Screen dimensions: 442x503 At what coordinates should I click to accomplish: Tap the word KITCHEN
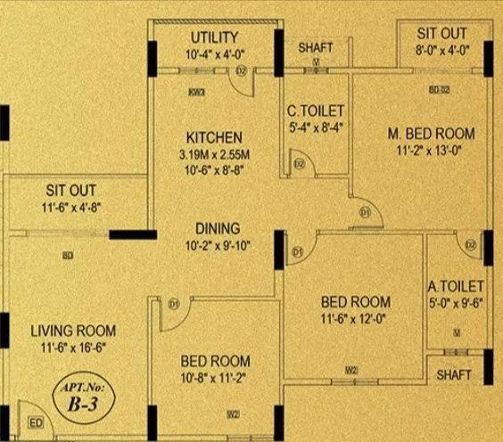point(214,138)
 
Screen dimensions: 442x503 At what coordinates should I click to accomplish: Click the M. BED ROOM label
point(432,134)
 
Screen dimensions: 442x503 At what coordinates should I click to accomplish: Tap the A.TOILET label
point(456,287)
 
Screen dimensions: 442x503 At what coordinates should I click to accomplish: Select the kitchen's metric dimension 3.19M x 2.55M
point(214,154)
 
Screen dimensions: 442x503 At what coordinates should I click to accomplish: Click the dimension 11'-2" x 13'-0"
point(432,151)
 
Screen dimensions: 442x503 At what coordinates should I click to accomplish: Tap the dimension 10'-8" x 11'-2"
point(215,377)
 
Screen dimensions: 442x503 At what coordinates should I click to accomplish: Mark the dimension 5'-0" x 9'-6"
point(456,304)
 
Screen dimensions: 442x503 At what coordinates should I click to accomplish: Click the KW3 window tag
point(197,92)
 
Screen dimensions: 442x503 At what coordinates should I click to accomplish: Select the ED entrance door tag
point(37,422)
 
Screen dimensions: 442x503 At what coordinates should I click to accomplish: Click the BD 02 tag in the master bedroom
point(439,90)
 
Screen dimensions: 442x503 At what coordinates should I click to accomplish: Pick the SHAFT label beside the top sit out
point(316,47)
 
